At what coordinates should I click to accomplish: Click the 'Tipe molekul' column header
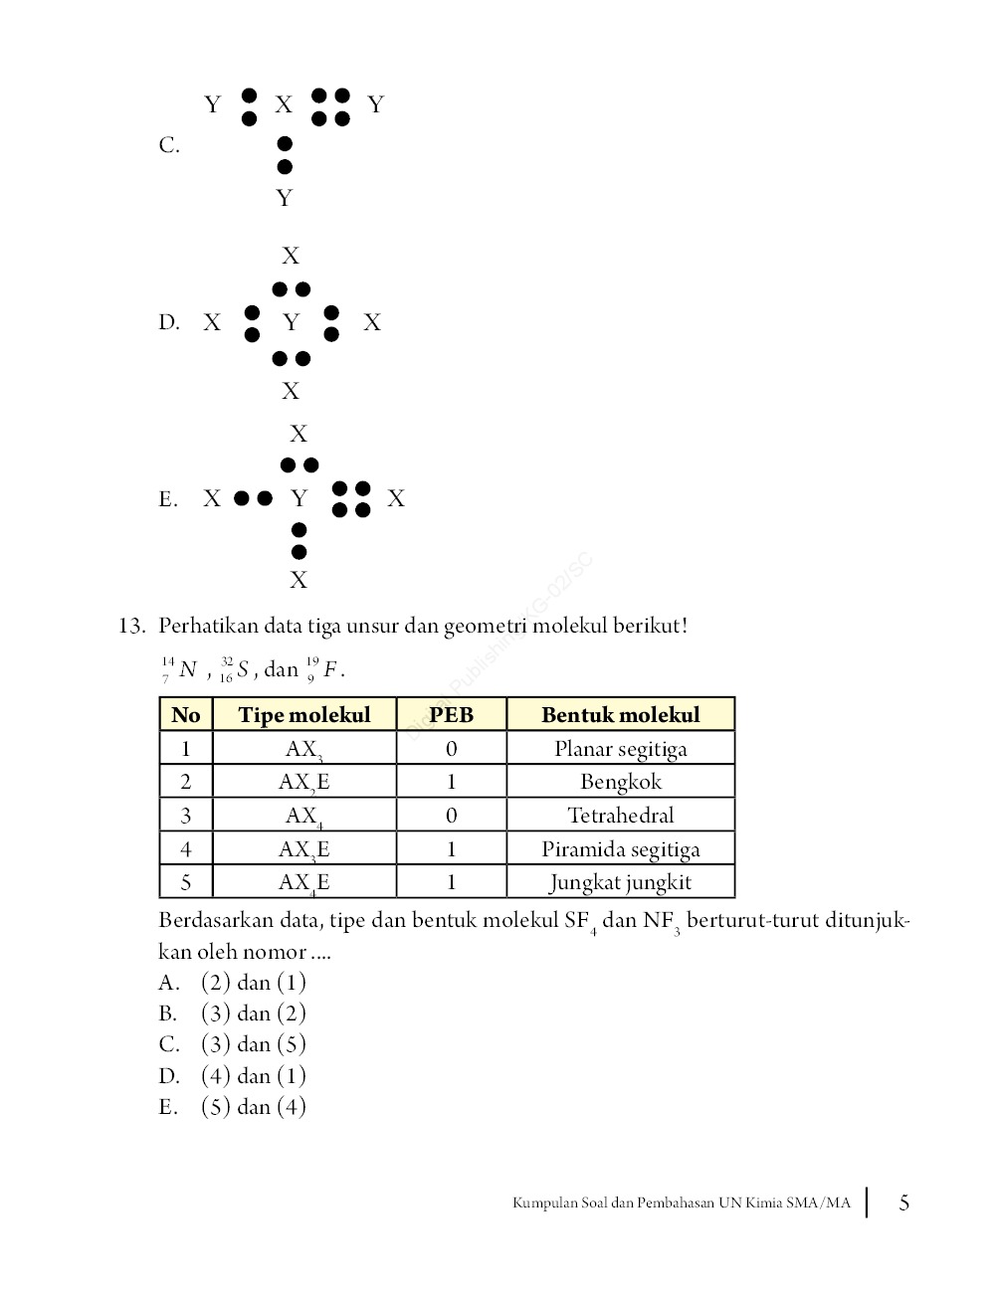303,715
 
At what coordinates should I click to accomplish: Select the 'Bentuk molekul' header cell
620,715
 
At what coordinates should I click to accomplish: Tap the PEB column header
451,715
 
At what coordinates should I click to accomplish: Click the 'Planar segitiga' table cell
620,749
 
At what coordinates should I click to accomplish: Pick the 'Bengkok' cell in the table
620,782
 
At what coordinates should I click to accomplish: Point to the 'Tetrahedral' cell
620,816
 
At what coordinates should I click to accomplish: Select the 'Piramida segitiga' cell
620,849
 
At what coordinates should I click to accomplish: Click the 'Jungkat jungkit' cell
620,882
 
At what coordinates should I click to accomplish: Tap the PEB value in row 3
451,816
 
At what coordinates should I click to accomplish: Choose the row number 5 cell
186,882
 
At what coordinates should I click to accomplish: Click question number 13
131,627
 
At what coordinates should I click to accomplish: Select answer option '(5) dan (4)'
253,1106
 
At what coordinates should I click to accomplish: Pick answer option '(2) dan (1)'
253,983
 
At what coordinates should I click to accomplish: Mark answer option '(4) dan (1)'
253,1075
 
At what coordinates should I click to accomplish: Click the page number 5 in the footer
903,1202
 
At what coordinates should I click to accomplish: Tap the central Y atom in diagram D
291,322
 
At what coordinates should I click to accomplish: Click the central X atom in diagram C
284,104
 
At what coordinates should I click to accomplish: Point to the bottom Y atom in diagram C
285,198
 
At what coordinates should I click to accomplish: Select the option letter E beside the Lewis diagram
168,499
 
